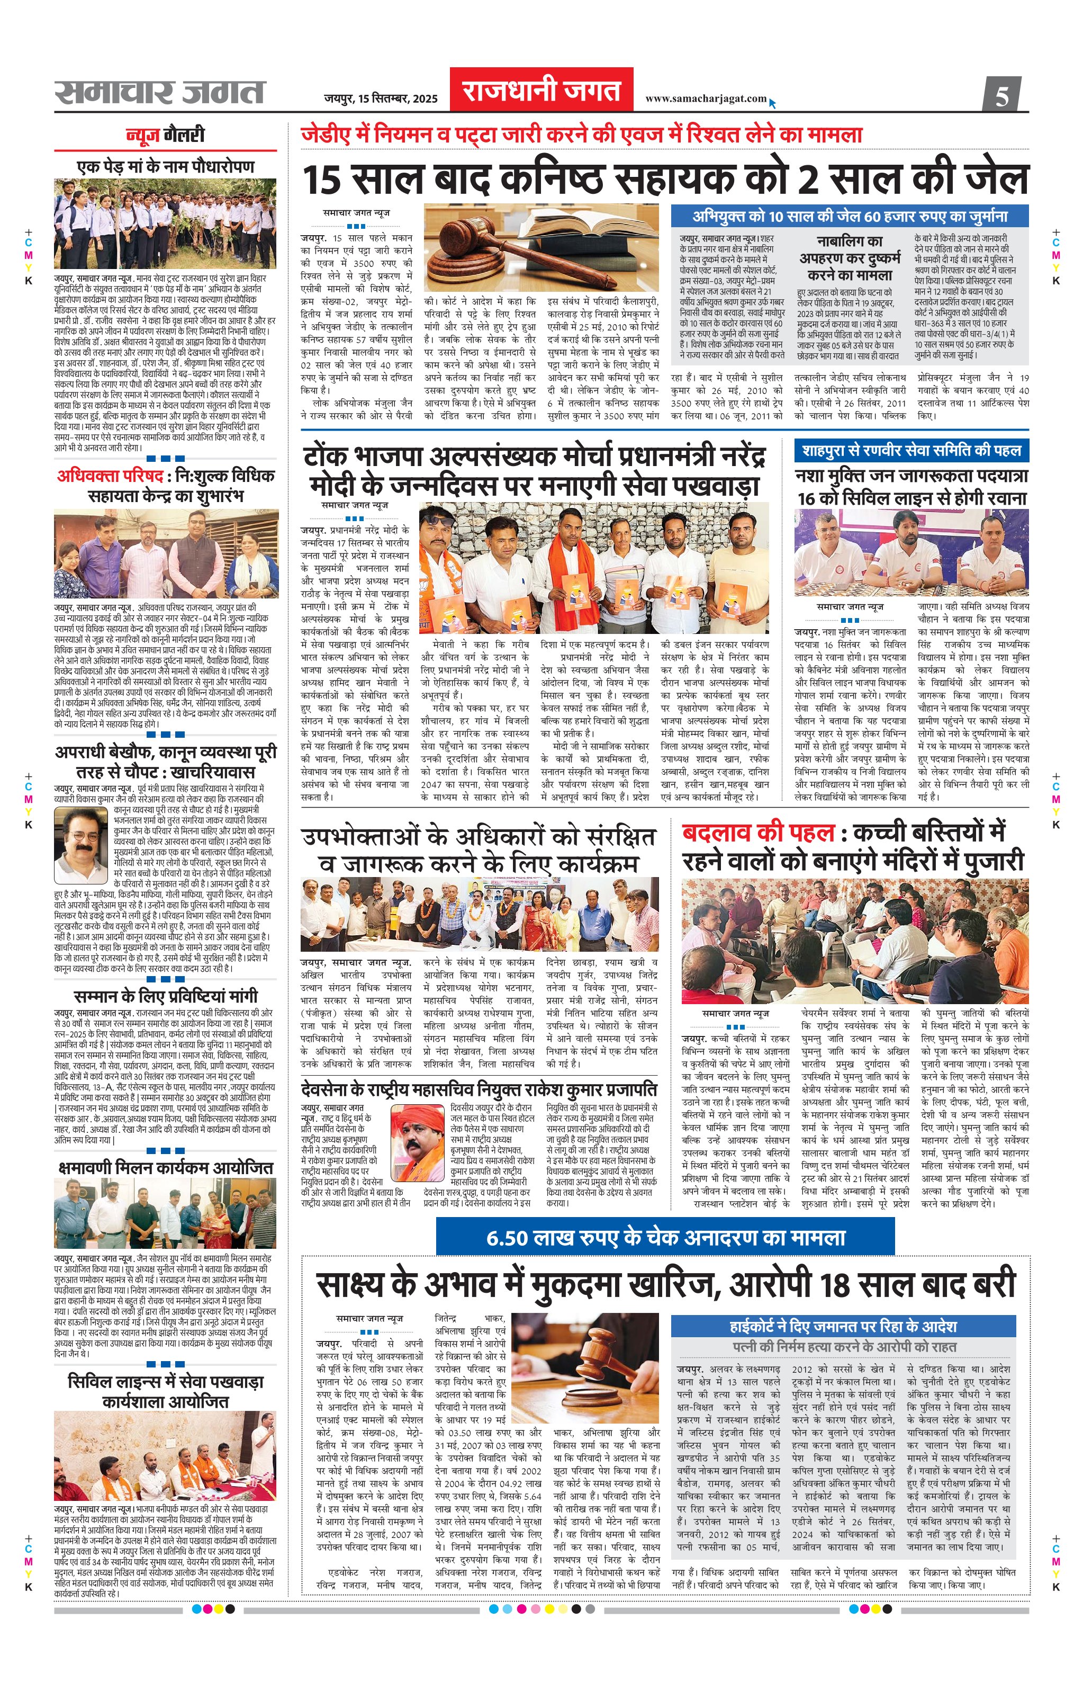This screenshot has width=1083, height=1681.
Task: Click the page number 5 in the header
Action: (1001, 94)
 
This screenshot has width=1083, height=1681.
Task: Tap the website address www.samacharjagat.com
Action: (706, 99)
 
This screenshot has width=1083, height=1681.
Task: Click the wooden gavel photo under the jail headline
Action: (541, 248)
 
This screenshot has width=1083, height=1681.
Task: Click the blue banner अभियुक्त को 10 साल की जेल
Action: (850, 216)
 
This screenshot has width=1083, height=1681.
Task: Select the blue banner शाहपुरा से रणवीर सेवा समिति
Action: (911, 450)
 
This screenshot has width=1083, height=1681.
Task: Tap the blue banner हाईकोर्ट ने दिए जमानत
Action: (843, 1326)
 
